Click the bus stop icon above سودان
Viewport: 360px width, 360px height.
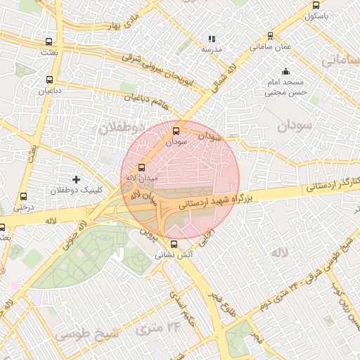(x=176, y=130)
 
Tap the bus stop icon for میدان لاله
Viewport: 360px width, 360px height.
(x=142, y=167)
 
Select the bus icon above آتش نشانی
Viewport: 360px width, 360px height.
(x=174, y=244)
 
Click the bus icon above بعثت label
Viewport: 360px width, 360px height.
(x=48, y=41)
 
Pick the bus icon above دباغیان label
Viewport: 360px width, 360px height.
(x=49, y=79)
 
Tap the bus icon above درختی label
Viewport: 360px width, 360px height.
(x=23, y=197)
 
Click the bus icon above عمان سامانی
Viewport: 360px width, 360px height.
(x=270, y=36)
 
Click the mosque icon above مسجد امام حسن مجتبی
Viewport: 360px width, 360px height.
(x=285, y=71)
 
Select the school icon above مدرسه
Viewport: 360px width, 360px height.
(x=212, y=39)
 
